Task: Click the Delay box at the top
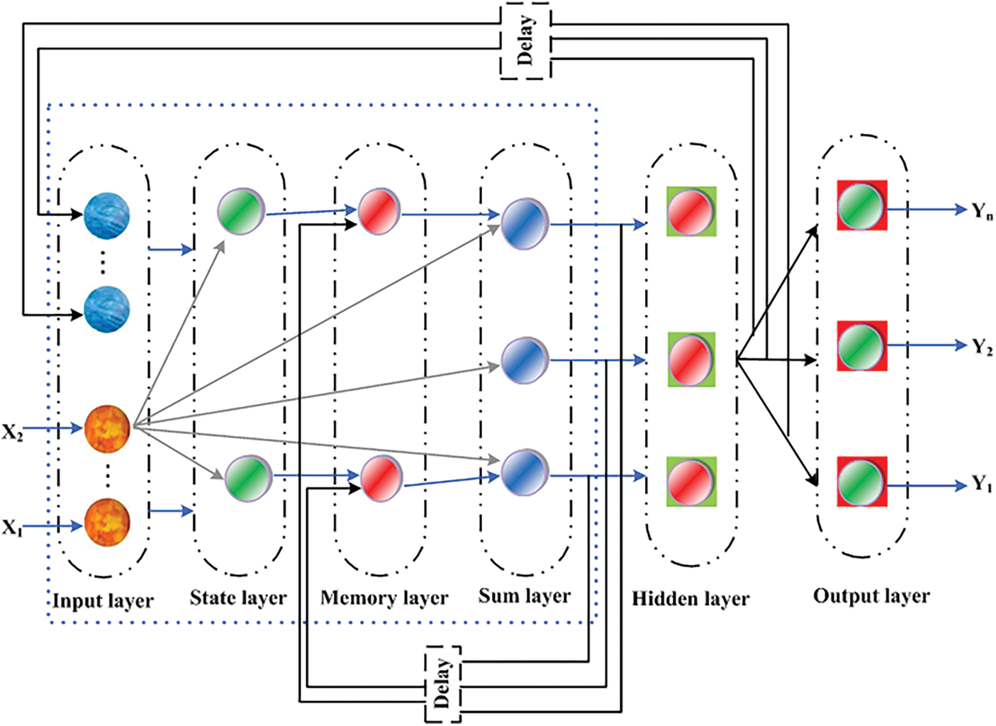pos(525,42)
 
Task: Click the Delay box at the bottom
pos(442,684)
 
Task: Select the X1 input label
pos(12,527)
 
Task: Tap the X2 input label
pos(12,432)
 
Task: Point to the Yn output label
pos(982,211)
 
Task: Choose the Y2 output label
pos(982,347)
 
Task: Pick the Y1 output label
pos(982,485)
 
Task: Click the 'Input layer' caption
pos(103,601)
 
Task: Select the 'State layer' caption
pos(238,598)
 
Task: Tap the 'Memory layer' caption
pos(384,598)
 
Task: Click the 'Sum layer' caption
pos(525,596)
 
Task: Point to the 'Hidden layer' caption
pos(690,599)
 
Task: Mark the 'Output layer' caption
pos(871,596)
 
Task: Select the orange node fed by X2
pos(108,429)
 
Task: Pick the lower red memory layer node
pos(381,478)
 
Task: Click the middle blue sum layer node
pos(525,360)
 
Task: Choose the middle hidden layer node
pos(691,359)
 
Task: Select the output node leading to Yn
pos(861,206)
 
